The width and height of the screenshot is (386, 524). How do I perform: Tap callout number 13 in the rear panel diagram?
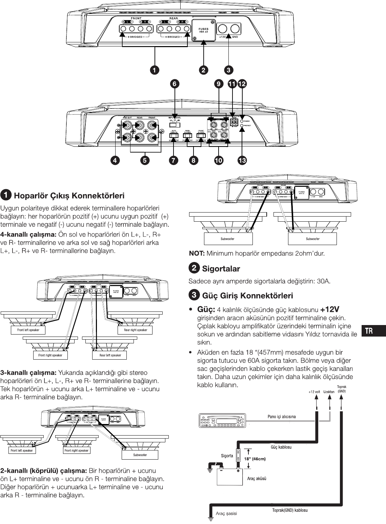[242, 161]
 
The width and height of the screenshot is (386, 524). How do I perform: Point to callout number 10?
[219, 161]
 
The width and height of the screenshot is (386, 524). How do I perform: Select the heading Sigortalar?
[221, 269]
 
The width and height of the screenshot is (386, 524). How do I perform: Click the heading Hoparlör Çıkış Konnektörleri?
[69, 196]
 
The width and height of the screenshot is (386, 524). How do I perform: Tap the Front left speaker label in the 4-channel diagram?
[28, 330]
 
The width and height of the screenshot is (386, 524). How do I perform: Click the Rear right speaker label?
[136, 330]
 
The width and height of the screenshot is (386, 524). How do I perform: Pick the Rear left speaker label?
[110, 355]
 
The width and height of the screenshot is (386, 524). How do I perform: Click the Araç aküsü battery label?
[257, 479]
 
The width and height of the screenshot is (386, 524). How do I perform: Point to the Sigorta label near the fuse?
[227, 456]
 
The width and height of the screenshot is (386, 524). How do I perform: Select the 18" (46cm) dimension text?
[254, 459]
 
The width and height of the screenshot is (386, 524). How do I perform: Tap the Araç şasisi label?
[226, 513]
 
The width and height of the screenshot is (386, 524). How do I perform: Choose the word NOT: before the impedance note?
[197, 253]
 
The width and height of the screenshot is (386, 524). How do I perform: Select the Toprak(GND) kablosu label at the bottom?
[290, 510]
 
